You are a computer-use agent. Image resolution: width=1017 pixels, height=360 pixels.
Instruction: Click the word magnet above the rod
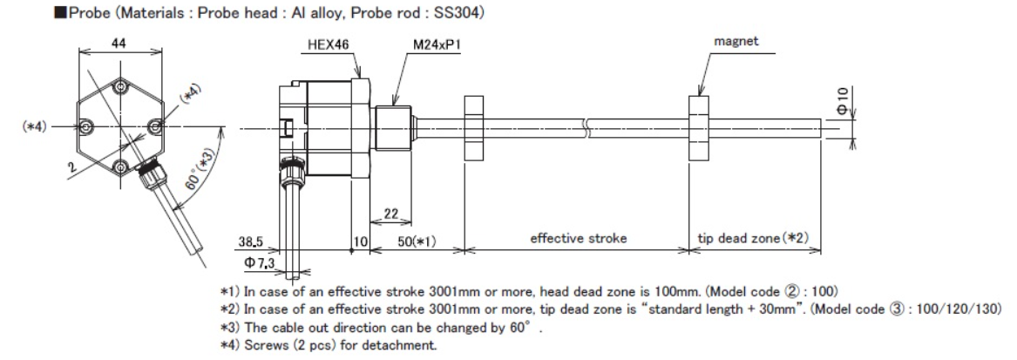734,40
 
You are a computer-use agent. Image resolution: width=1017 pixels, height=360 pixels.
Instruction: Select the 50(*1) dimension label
417,239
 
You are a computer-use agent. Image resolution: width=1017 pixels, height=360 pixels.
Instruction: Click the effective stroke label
579,238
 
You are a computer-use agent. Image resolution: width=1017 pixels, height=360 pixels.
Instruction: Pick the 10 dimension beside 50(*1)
362,239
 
